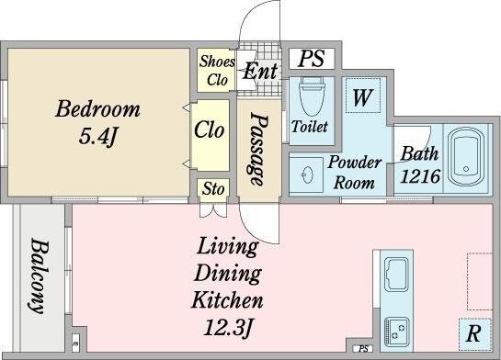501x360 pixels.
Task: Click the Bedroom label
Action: [97, 109]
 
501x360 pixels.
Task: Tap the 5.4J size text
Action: [98, 136]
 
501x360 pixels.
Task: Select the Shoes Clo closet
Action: [213, 70]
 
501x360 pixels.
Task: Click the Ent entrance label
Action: [260, 71]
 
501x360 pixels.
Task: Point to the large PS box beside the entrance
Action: [312, 59]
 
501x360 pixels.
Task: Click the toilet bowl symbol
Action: [312, 96]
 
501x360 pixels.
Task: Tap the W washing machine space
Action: [363, 96]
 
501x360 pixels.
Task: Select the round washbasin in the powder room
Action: [307, 174]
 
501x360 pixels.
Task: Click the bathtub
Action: [466, 157]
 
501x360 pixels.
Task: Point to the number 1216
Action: [420, 175]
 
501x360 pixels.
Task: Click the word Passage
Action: [258, 149]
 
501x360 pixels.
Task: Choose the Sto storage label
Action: [213, 188]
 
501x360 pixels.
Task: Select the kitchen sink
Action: [396, 275]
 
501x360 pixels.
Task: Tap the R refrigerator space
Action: [474, 334]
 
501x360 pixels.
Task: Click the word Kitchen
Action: [227, 299]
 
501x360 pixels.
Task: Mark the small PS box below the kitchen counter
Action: [363, 348]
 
